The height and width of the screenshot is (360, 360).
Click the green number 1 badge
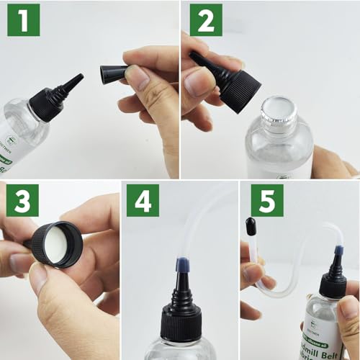(x=24, y=24)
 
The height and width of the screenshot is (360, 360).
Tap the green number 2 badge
(x=204, y=24)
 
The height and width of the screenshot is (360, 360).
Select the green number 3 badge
(x=24, y=202)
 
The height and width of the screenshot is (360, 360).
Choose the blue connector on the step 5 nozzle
(x=337, y=251)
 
